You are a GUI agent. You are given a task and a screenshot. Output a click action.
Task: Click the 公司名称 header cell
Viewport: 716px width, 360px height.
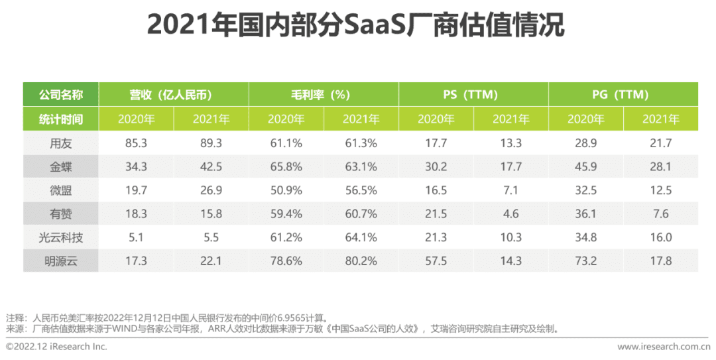[60, 95]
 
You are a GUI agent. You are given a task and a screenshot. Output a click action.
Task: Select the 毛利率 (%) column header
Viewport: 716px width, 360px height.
[324, 95]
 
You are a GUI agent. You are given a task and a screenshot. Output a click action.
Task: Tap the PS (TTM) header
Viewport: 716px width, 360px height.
[473, 95]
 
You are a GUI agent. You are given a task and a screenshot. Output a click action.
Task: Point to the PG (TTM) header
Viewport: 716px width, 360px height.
[623, 95]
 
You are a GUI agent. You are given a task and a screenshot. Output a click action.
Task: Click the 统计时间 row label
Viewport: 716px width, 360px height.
[60, 119]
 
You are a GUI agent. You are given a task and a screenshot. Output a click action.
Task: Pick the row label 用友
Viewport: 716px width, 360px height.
[60, 143]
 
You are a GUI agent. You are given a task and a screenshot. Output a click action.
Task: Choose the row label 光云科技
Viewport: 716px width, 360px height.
[60, 237]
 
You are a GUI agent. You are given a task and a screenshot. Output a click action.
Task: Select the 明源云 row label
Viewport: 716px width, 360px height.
[60, 261]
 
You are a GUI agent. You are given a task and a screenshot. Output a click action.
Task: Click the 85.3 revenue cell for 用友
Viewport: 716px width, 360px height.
[136, 143]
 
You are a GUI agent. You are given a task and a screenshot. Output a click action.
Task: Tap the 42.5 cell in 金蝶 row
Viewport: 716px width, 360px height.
[211, 166]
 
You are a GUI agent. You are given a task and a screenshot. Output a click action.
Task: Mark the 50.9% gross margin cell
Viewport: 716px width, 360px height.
[286, 190]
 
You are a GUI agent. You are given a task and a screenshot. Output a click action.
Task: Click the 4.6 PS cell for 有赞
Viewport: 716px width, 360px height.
[510, 214]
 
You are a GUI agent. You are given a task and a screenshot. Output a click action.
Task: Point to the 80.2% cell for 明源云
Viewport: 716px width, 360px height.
[361, 261]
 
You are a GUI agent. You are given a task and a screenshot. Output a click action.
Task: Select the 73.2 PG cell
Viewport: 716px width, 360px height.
[585, 261]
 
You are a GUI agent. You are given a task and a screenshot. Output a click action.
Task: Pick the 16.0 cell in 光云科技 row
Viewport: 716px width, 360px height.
[660, 237]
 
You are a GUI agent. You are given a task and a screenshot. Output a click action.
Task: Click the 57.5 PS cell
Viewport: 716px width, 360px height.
[436, 261]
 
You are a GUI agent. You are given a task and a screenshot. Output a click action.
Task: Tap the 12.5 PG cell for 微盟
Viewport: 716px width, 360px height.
[660, 190]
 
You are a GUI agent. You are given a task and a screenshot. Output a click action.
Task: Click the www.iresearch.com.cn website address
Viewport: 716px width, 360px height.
[663, 347]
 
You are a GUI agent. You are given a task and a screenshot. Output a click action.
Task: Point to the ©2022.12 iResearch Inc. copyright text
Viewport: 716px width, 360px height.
[56, 347]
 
